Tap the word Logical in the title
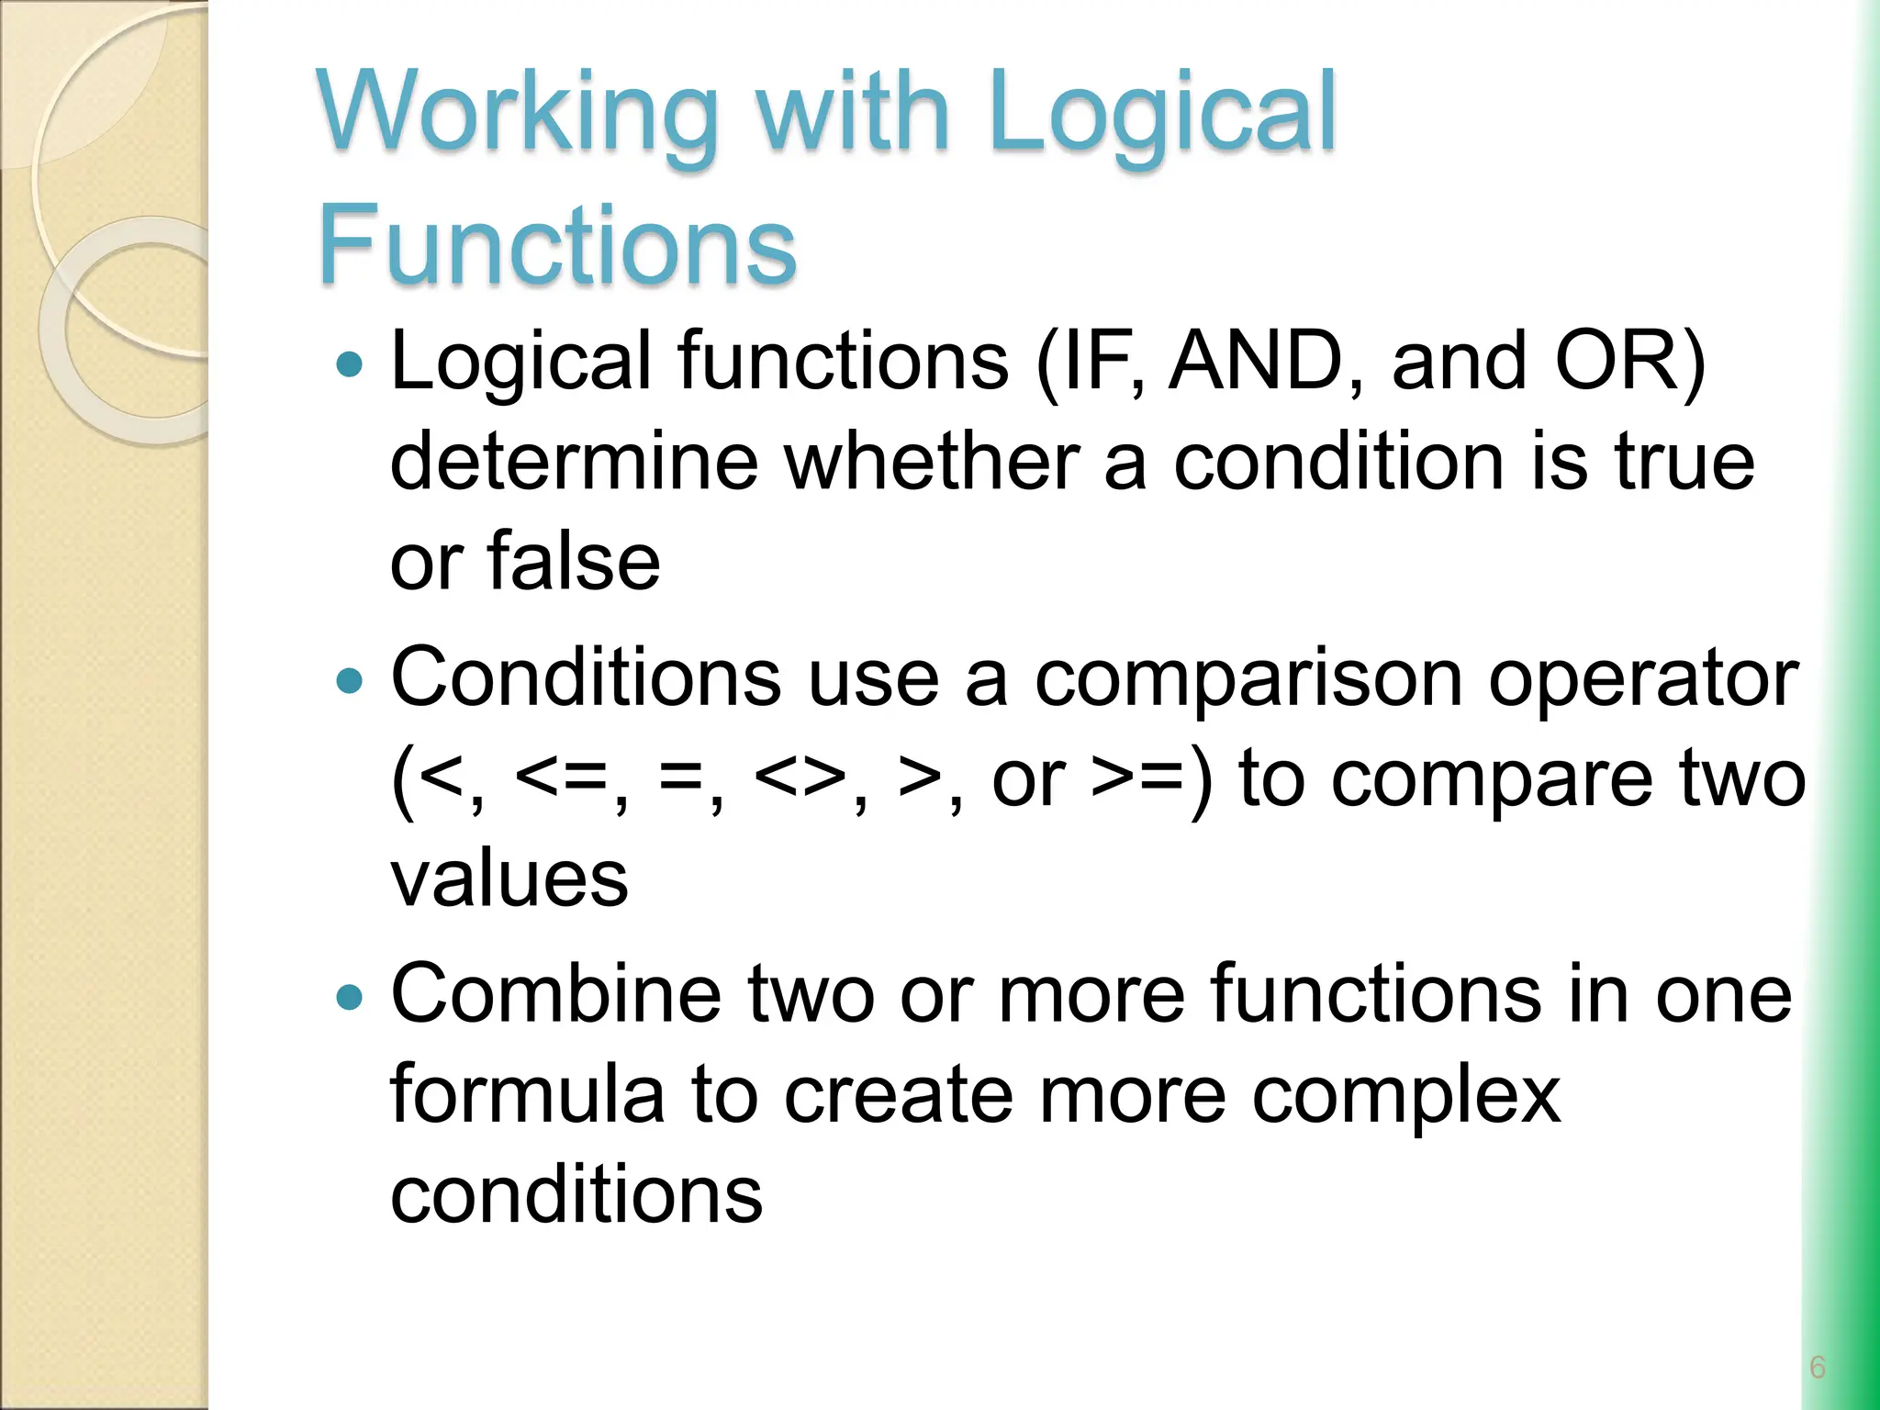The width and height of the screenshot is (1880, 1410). click(1162, 115)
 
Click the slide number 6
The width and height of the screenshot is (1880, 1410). click(1817, 1367)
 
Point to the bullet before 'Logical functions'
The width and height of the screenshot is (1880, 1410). click(350, 365)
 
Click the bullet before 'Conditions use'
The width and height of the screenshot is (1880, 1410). click(350, 681)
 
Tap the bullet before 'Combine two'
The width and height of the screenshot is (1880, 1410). click(350, 997)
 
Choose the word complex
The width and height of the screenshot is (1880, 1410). click(1406, 1094)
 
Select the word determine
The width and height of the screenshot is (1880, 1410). click(574, 461)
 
